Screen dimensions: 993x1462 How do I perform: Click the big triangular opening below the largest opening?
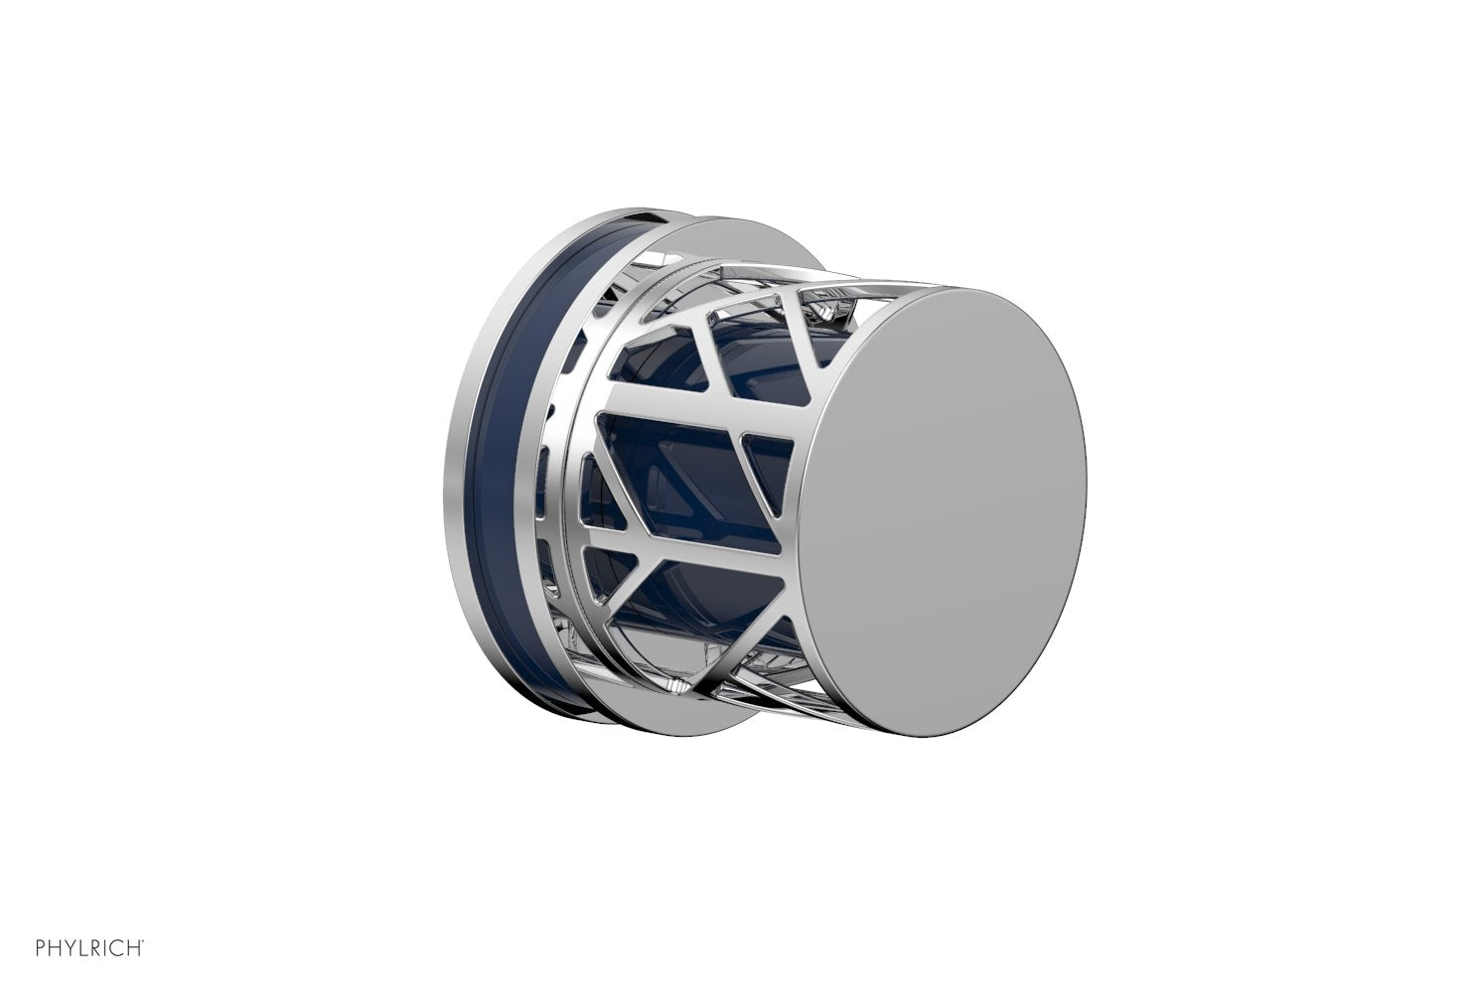(715, 576)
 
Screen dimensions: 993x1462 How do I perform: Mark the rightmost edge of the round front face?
(1085, 482)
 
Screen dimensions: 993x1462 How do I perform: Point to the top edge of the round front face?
(978, 289)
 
